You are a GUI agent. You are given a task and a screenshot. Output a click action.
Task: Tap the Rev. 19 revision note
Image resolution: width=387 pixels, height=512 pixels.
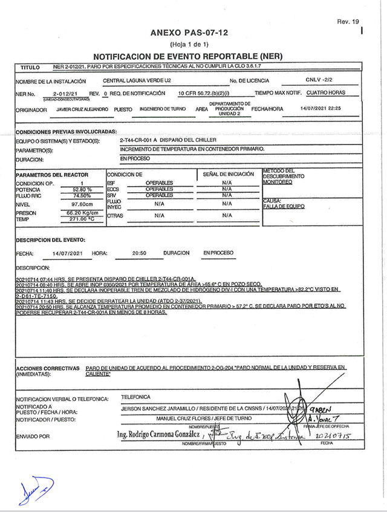coord(348,21)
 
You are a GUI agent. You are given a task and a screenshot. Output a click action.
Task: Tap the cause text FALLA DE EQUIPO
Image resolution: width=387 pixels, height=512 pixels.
coord(284,207)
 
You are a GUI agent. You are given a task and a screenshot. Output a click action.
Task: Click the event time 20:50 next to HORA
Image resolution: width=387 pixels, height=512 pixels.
coord(139,253)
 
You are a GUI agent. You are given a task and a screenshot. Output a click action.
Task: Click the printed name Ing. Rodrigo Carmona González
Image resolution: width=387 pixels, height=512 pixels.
coord(158,435)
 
